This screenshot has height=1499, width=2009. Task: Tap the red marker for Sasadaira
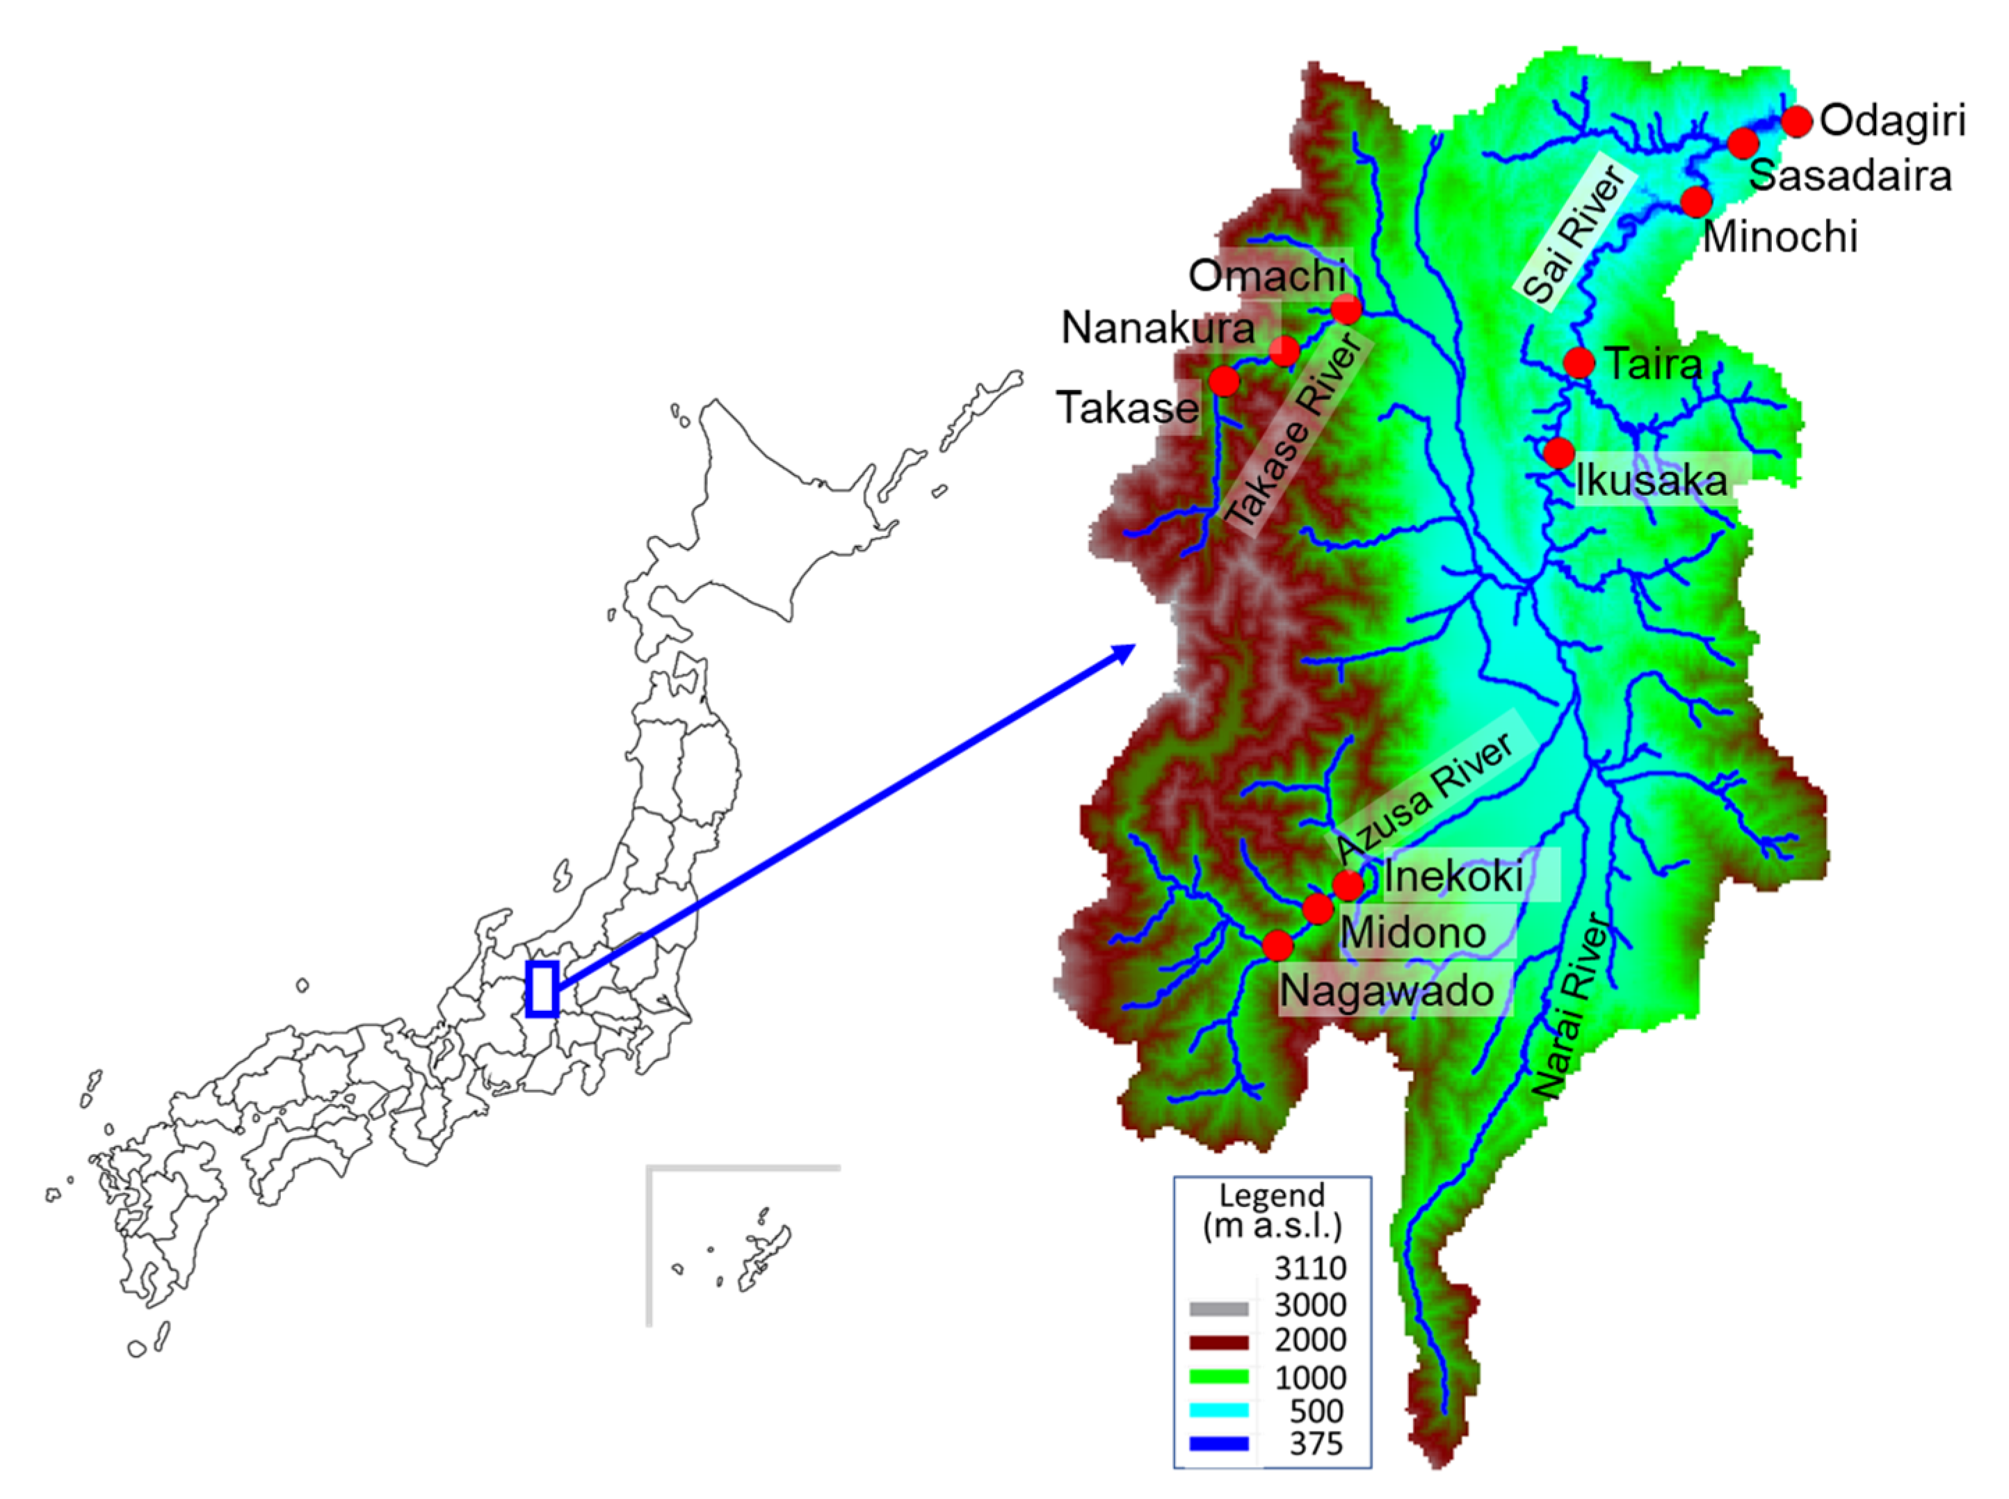click(1742, 143)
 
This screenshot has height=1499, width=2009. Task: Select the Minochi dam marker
click(1696, 202)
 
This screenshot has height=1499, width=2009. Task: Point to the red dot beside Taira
click(1579, 362)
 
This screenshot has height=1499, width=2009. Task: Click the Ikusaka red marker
click(1559, 452)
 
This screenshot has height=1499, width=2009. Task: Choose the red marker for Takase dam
click(1223, 380)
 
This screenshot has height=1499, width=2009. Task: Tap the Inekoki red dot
click(1348, 884)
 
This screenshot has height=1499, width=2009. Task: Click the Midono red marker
click(1318, 908)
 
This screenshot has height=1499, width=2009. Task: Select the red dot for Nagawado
click(1277, 946)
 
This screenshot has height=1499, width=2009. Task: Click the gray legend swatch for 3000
click(1218, 1308)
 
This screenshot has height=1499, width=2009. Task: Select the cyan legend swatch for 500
click(1218, 1410)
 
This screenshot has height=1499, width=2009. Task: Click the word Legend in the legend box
click(1272, 1195)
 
